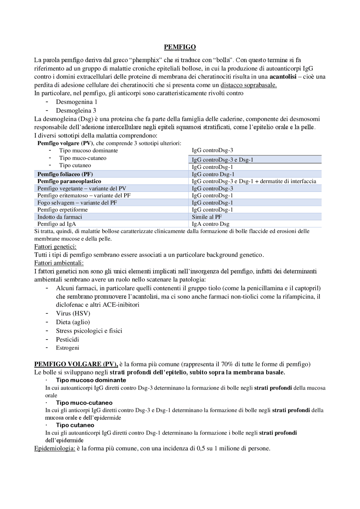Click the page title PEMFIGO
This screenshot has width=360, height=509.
pyautogui.click(x=180, y=47)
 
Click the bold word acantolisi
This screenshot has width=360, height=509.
pyautogui.click(x=283, y=77)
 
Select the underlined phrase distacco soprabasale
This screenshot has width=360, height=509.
pyautogui.click(x=248, y=85)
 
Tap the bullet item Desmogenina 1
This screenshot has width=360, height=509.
pyautogui.click(x=76, y=102)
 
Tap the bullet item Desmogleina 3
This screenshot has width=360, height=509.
pyautogui.click(x=76, y=110)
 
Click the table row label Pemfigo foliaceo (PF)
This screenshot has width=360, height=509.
pyautogui.click(x=65, y=174)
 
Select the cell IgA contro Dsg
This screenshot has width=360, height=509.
pyautogui.click(x=210, y=224)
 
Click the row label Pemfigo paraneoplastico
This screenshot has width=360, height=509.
pyautogui.click(x=69, y=181)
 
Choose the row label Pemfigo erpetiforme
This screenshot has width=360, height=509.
pyautogui.click(x=62, y=210)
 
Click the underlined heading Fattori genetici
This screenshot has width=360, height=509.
pyautogui.click(x=55, y=247)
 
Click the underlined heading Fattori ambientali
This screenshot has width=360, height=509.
pyautogui.click(x=59, y=263)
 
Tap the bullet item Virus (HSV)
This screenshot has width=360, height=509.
pyautogui.click(x=73, y=313)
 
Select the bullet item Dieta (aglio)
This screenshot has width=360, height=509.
pyautogui.click(x=73, y=322)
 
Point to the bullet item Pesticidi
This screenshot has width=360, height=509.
pyautogui.click(x=67, y=339)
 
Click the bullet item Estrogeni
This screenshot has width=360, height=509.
pyautogui.click(x=67, y=348)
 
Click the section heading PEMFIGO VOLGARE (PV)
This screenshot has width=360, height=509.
pyautogui.click(x=76, y=364)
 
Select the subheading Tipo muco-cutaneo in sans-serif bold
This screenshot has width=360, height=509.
pyautogui.click(x=84, y=403)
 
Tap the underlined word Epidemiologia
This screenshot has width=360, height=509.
pyautogui.click(x=55, y=448)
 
